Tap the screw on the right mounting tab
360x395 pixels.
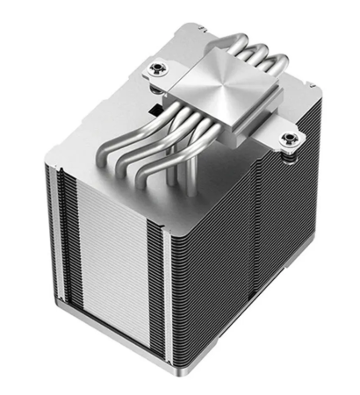click(287, 139)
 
